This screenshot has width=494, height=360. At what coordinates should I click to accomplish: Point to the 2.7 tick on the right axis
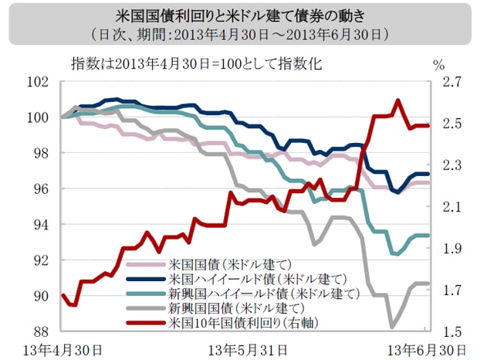(x=452, y=82)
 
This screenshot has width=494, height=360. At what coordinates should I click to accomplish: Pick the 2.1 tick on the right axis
(x=452, y=207)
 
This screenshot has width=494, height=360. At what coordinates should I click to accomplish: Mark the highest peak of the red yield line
(x=398, y=100)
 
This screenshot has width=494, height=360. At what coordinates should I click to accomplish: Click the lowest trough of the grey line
(x=393, y=326)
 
